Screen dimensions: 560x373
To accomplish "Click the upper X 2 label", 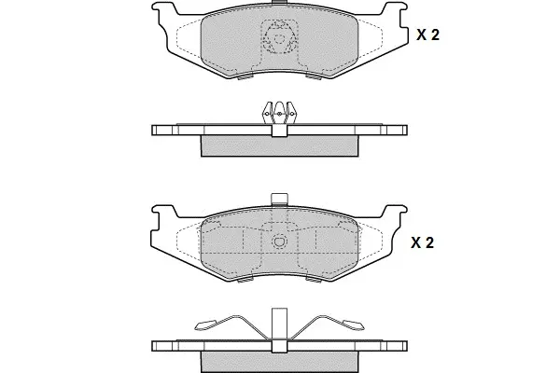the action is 427,35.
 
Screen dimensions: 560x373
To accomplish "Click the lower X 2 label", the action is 422,242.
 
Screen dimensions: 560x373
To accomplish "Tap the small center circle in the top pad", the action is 279,38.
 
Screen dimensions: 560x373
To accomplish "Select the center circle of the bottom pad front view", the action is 280,242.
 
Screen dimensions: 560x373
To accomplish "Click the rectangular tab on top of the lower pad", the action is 279,200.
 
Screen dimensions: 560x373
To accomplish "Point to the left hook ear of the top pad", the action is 164,10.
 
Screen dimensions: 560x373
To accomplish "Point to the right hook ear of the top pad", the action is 395,10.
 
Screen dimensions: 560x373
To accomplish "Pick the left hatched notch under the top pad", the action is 245,77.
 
